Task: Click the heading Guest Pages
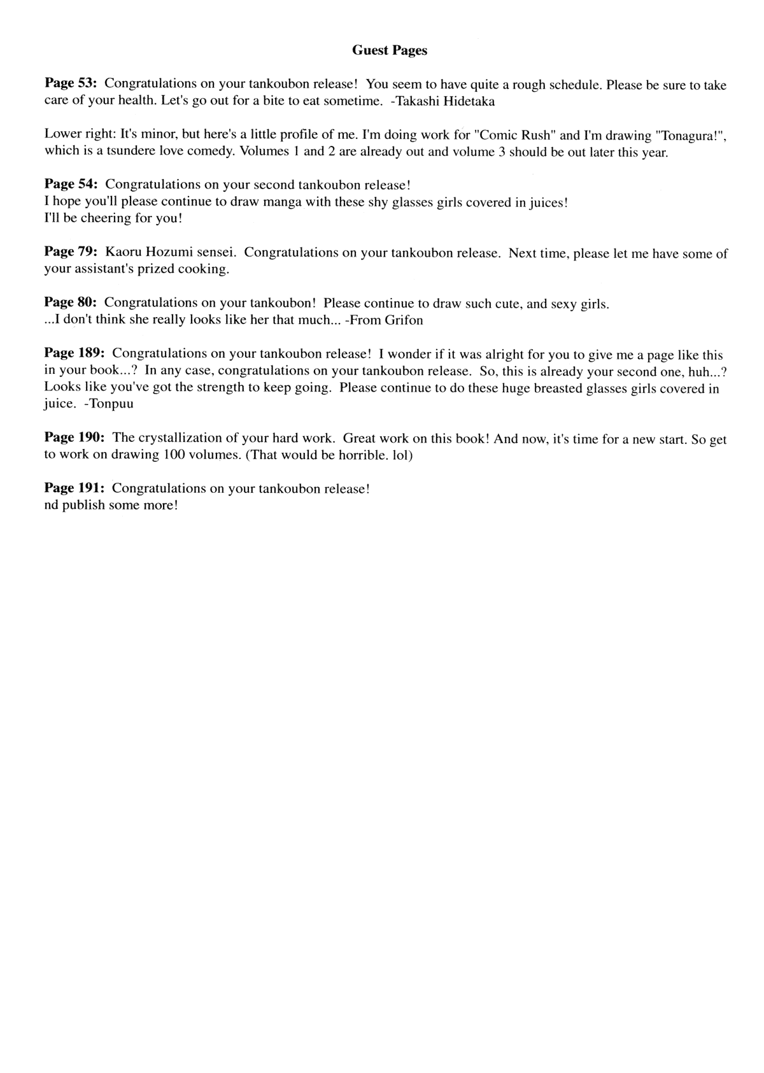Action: click(x=389, y=50)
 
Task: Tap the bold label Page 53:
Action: click(x=70, y=83)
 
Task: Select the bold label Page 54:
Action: click(x=71, y=184)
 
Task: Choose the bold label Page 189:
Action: click(x=74, y=353)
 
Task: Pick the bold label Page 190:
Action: click(x=74, y=438)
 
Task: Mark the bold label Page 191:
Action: click(x=74, y=488)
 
